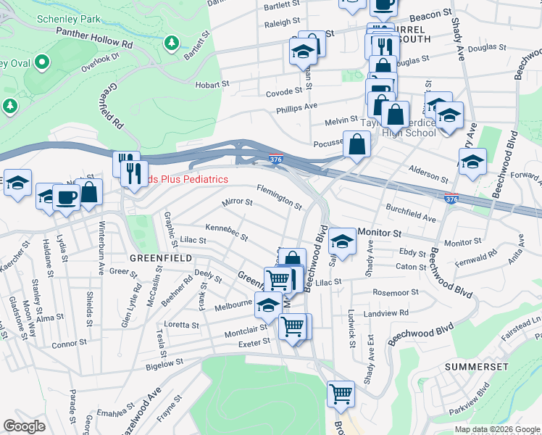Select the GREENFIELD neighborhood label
160,257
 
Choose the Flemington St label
279,196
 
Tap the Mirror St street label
237,202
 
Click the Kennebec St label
226,232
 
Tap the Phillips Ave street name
296,106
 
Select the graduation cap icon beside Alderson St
472,161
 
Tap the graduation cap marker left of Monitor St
342,239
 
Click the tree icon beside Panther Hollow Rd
171,44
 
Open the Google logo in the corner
25,426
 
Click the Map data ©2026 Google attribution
496,429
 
